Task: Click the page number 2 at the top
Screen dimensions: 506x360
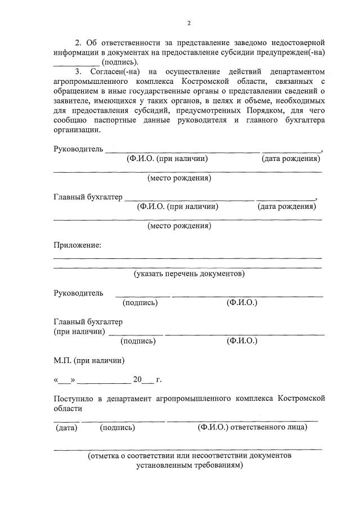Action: pos(189,23)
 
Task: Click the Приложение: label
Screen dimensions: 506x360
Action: pos(78,245)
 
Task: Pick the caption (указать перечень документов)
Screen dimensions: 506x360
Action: pos(189,274)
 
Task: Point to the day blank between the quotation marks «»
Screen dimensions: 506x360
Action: pos(66,379)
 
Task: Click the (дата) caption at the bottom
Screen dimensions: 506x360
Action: pos(66,428)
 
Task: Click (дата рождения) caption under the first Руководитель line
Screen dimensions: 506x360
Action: pos(291,159)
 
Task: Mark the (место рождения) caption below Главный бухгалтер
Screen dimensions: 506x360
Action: pos(179,226)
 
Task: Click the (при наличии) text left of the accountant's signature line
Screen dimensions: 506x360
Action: pos(79,332)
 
